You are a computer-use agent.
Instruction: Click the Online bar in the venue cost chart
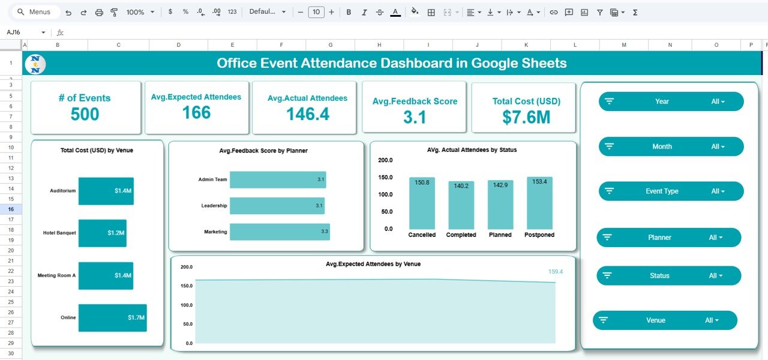(x=112, y=317)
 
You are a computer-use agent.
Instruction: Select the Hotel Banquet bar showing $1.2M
(x=102, y=233)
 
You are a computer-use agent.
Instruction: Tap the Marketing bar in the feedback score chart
(x=280, y=232)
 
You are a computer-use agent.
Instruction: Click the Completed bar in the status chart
(x=461, y=205)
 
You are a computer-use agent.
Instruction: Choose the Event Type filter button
(x=671, y=191)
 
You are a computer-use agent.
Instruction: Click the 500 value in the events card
(x=85, y=114)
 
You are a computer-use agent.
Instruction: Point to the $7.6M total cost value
(x=526, y=117)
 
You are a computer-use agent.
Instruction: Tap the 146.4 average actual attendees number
(x=307, y=114)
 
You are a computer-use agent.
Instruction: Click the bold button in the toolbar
(x=349, y=12)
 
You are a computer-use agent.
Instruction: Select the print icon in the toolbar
(x=99, y=12)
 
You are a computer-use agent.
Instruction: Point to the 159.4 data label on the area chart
(x=556, y=272)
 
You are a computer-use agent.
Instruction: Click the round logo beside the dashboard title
(x=35, y=64)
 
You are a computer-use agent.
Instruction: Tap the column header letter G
(x=330, y=45)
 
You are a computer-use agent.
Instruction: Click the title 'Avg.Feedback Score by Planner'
(x=263, y=151)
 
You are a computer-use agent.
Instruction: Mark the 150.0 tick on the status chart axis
(x=385, y=178)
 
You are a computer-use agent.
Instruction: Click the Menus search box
(x=36, y=12)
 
